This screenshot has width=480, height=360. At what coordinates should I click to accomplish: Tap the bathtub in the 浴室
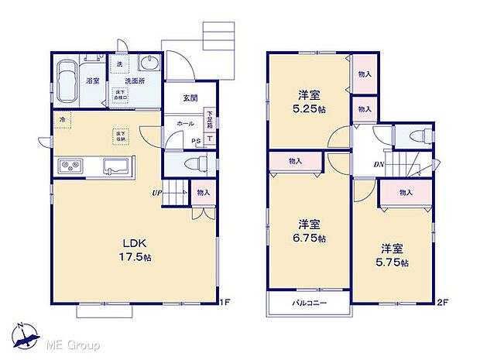[67, 81]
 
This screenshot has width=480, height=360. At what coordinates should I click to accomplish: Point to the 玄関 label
[190, 98]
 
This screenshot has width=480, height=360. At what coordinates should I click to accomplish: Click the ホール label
[186, 123]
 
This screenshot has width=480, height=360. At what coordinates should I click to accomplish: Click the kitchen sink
[118, 166]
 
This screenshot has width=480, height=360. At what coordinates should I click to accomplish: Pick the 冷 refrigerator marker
[63, 119]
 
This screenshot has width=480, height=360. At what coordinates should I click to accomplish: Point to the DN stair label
[379, 164]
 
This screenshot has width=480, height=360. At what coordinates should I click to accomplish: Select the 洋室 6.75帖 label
[310, 229]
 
